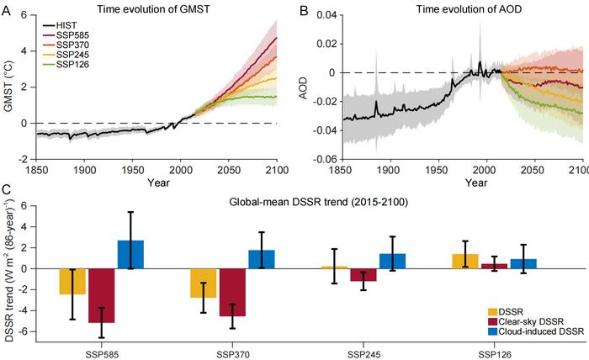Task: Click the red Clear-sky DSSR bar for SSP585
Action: (103, 295)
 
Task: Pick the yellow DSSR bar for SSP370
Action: (203, 283)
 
